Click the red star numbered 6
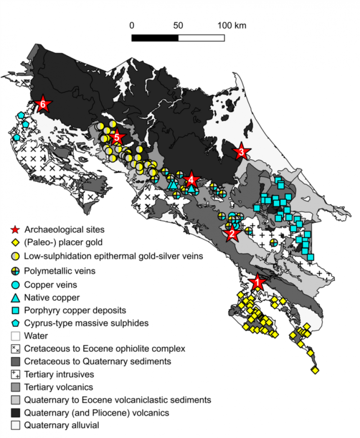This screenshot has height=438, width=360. click(x=43, y=104)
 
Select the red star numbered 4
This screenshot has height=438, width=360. click(x=191, y=179)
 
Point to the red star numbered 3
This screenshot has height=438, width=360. click(x=241, y=152)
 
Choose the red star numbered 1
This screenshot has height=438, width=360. click(x=257, y=282)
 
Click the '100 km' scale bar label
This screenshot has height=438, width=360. click(x=232, y=25)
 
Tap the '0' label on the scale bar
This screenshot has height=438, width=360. click(x=132, y=25)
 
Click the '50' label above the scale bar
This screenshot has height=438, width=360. click(x=178, y=25)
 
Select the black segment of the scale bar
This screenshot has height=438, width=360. click(x=155, y=37)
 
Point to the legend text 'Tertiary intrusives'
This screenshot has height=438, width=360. click(x=56, y=374)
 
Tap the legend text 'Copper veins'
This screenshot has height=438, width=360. click(x=50, y=284)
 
